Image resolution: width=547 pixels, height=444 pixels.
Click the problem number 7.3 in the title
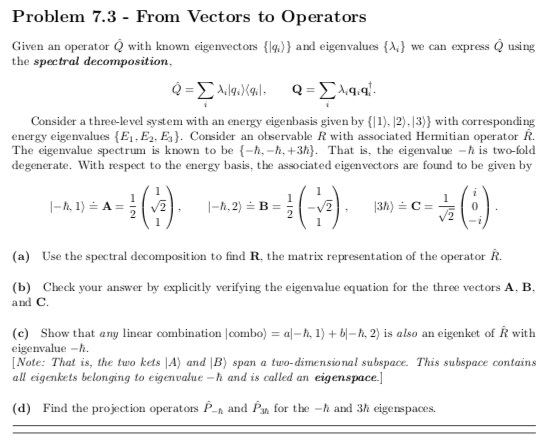coord(112,18)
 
